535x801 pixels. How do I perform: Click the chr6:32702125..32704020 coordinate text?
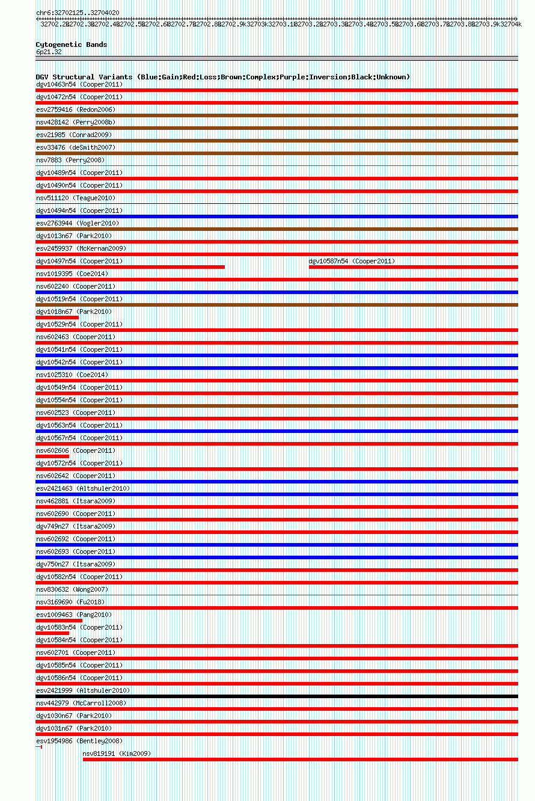[77, 13]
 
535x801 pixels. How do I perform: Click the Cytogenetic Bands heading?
[71, 44]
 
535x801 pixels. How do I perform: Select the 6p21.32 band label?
[49, 52]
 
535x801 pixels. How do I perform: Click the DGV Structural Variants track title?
[222, 77]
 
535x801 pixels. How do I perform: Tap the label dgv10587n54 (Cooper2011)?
[352, 261]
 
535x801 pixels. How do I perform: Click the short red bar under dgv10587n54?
[413, 267]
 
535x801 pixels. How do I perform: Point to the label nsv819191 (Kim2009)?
[117, 753]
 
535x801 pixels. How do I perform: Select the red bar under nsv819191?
[300, 760]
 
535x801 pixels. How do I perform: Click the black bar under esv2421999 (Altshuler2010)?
[277, 696]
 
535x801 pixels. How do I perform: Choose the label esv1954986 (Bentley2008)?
[79, 741]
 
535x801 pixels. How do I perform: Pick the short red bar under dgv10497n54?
[130, 267]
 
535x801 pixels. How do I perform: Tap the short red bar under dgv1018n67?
[57, 318]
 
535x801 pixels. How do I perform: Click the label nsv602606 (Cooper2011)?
[75, 450]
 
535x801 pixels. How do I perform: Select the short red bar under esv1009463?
[59, 621]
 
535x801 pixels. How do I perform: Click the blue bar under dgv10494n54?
[277, 216]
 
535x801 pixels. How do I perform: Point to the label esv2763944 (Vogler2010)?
[78, 223]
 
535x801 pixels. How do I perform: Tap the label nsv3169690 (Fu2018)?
[71, 602]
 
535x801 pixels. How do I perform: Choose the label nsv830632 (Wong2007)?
[72, 589]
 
